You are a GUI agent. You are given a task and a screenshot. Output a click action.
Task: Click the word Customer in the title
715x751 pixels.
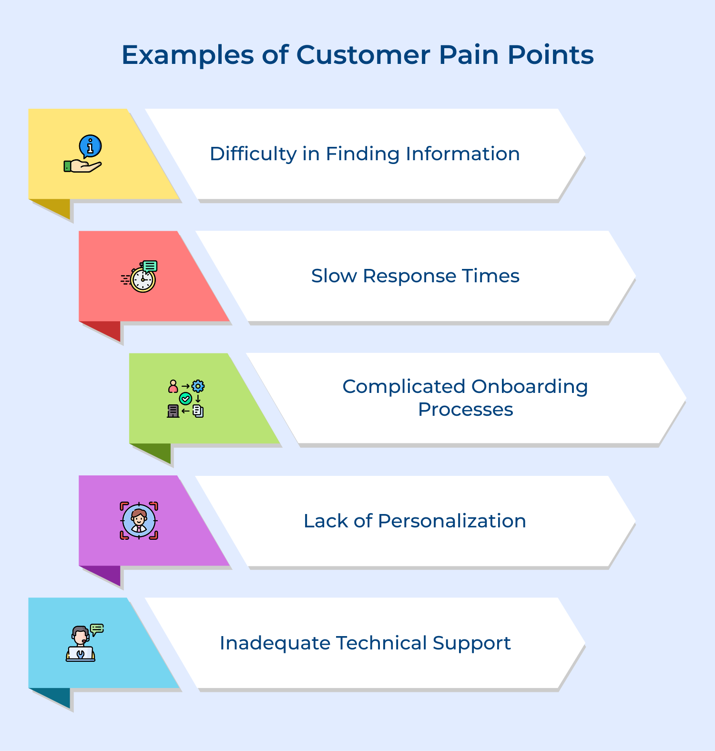click(363, 55)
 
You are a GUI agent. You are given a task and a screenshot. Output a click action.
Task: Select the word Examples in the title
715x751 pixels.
click(188, 56)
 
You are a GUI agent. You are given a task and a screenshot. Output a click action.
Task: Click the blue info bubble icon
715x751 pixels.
click(90, 146)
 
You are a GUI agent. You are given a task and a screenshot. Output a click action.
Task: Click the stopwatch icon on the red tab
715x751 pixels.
click(143, 280)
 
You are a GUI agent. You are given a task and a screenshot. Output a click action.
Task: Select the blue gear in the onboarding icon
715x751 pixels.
click(198, 386)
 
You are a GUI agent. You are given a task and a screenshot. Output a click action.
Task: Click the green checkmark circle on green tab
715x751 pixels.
click(185, 399)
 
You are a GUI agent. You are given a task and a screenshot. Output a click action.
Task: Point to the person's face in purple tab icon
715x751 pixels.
click(139, 517)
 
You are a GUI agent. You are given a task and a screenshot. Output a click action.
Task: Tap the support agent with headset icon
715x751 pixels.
click(81, 644)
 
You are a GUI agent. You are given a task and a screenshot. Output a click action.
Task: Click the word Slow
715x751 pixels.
click(334, 276)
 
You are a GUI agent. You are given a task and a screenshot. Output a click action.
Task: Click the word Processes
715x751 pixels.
click(465, 410)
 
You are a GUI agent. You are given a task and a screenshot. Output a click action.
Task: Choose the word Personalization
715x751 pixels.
click(451, 521)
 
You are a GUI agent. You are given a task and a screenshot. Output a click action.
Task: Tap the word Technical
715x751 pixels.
click(381, 643)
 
